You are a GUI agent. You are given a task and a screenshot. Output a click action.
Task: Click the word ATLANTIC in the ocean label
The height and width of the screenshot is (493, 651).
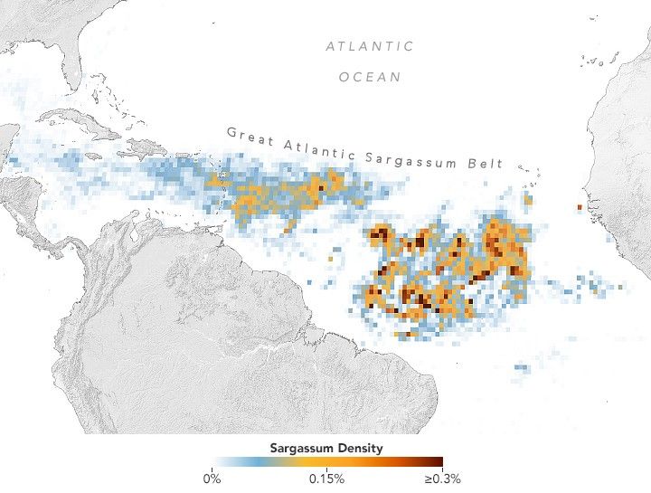point(370,46)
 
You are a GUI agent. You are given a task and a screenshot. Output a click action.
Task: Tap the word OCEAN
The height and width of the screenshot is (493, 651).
point(370,77)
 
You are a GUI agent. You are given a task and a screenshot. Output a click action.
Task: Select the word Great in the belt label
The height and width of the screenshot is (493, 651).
point(245,136)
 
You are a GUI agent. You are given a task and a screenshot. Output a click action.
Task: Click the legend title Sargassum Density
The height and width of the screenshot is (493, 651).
point(325,448)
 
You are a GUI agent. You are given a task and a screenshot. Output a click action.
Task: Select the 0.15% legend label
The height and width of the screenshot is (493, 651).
point(325,479)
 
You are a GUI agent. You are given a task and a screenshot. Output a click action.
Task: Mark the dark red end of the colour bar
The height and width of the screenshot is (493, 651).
point(438,461)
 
